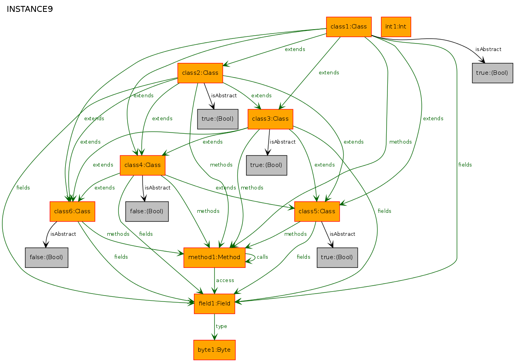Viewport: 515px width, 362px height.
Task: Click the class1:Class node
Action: [349, 27]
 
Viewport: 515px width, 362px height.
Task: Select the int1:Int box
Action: [396, 27]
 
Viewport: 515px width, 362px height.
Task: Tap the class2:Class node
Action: [200, 73]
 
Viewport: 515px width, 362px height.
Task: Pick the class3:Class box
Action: [271, 119]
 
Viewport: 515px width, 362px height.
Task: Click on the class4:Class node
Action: [143, 165]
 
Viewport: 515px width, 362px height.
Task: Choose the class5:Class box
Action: [317, 211]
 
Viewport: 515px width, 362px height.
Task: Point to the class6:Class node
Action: [72, 211]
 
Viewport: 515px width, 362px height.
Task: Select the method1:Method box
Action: [214, 258]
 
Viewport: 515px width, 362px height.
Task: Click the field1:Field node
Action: [214, 304]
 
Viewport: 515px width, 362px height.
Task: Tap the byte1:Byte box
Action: [214, 350]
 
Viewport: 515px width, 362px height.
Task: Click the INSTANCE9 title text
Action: [30, 9]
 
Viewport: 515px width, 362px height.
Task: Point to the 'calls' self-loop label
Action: [262, 257]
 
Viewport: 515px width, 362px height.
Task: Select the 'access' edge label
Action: [225, 281]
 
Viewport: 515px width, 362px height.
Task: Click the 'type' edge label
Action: [222, 326]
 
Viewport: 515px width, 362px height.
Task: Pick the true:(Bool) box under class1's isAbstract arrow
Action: [492, 73]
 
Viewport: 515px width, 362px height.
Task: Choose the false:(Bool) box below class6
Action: [47, 258]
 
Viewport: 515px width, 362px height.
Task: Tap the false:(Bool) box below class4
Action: [147, 211]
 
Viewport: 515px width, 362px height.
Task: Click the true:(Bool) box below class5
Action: [337, 258]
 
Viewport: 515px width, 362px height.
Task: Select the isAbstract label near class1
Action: [488, 49]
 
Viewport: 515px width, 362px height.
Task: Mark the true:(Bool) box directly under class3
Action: [267, 165]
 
